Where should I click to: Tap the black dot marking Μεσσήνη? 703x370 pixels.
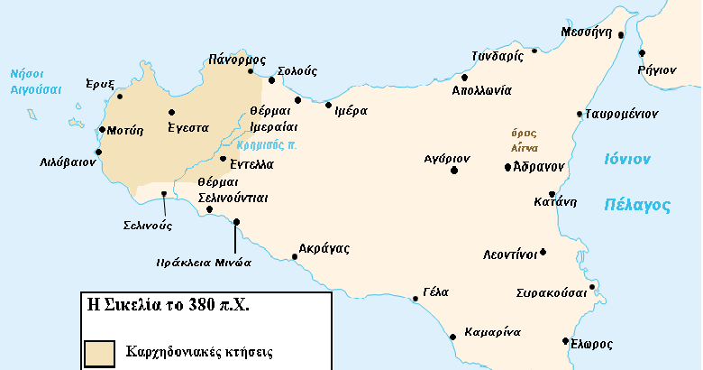pyautogui.click(x=621, y=38)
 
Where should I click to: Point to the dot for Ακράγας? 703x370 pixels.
pyautogui.click(x=295, y=257)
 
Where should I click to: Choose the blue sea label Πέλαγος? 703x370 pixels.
pyautogui.click(x=636, y=205)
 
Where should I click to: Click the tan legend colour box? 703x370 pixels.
pyautogui.click(x=99, y=352)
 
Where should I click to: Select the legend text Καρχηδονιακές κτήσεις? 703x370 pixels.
pyautogui.click(x=199, y=350)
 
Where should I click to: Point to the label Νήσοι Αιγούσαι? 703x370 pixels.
pyautogui.click(x=35, y=83)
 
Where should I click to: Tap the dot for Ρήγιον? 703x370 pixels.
pyautogui.click(x=642, y=53)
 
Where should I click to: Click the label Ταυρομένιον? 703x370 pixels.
pyautogui.click(x=621, y=115)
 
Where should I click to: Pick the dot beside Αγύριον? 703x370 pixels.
pyautogui.click(x=454, y=170)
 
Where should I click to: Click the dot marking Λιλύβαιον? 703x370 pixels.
pyautogui.click(x=87, y=152)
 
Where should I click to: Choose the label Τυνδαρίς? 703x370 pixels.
pyautogui.click(x=498, y=56)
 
